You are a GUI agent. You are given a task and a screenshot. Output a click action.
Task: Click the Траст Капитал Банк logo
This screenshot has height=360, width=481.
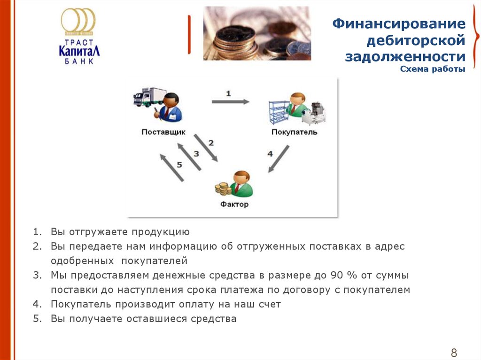pyautogui.click(x=79, y=37)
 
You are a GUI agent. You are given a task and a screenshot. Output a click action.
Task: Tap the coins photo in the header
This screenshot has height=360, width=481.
pyautogui.click(x=256, y=33)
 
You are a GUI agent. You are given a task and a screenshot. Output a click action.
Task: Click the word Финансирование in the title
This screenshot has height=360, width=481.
pyautogui.click(x=399, y=24)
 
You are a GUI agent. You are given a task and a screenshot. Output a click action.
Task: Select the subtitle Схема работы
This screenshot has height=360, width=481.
pyautogui.click(x=432, y=69)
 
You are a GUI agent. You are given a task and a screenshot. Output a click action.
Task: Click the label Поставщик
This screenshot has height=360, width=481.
pyautogui.click(x=163, y=132)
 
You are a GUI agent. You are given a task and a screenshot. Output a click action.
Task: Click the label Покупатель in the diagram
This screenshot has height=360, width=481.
pyautogui.click(x=294, y=132)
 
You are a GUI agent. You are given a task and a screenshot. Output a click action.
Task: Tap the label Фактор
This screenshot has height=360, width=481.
pyautogui.click(x=234, y=204)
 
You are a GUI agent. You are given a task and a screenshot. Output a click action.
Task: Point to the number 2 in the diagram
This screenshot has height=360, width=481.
pyautogui.click(x=211, y=142)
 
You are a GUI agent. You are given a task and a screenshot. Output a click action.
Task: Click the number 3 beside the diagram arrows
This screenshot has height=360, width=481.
pyautogui.click(x=196, y=153)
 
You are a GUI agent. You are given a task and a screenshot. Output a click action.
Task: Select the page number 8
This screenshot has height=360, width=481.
pyautogui.click(x=454, y=352)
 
